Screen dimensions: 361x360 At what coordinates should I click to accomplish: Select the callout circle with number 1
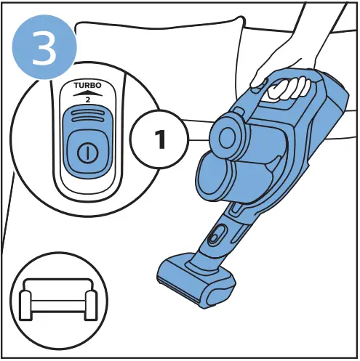tap(159, 139)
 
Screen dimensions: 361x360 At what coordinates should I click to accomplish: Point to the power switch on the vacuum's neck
tap(215, 236)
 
